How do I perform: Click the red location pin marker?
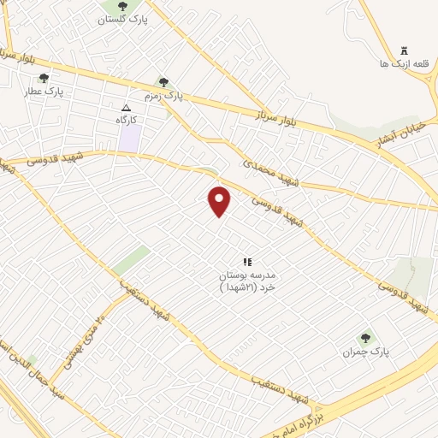pyautogui.click(x=220, y=201)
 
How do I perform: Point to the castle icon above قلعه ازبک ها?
pyautogui.click(x=404, y=51)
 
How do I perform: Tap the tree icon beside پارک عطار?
pyautogui.click(x=44, y=79)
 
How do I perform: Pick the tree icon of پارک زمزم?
pyautogui.click(x=163, y=82)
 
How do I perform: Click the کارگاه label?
pyautogui.click(x=127, y=121)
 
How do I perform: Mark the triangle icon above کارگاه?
pyautogui.click(x=127, y=108)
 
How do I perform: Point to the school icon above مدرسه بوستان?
pyautogui.click(x=247, y=262)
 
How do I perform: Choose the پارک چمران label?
pyautogui.click(x=366, y=352)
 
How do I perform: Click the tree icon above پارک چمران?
pyautogui.click(x=366, y=339)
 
